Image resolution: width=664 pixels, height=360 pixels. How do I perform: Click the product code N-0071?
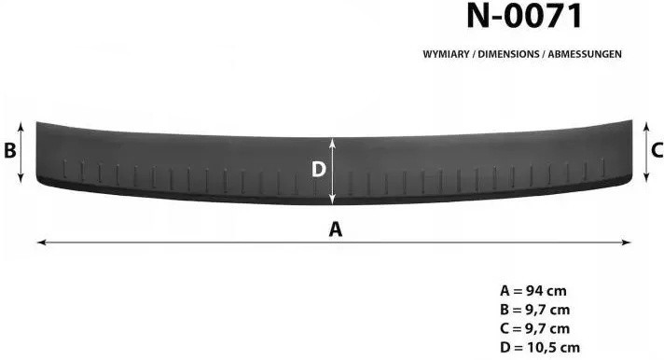coord(524,16)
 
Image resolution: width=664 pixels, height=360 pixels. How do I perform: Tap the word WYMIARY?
coord(446,54)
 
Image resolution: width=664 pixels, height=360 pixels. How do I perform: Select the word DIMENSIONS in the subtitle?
coord(508,54)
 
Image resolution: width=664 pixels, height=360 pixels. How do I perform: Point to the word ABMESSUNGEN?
coord(585,54)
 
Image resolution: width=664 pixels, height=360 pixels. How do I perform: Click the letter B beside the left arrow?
coord(9,150)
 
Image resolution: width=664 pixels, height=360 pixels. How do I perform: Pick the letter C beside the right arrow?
coord(657,150)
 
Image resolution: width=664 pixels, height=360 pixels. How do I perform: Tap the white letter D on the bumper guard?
coord(318,170)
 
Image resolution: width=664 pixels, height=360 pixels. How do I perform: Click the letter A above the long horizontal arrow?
coord(336,229)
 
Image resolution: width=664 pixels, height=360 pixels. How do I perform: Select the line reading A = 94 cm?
coord(533,291)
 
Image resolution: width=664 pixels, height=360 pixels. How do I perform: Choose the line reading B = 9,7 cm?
coord(534,310)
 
